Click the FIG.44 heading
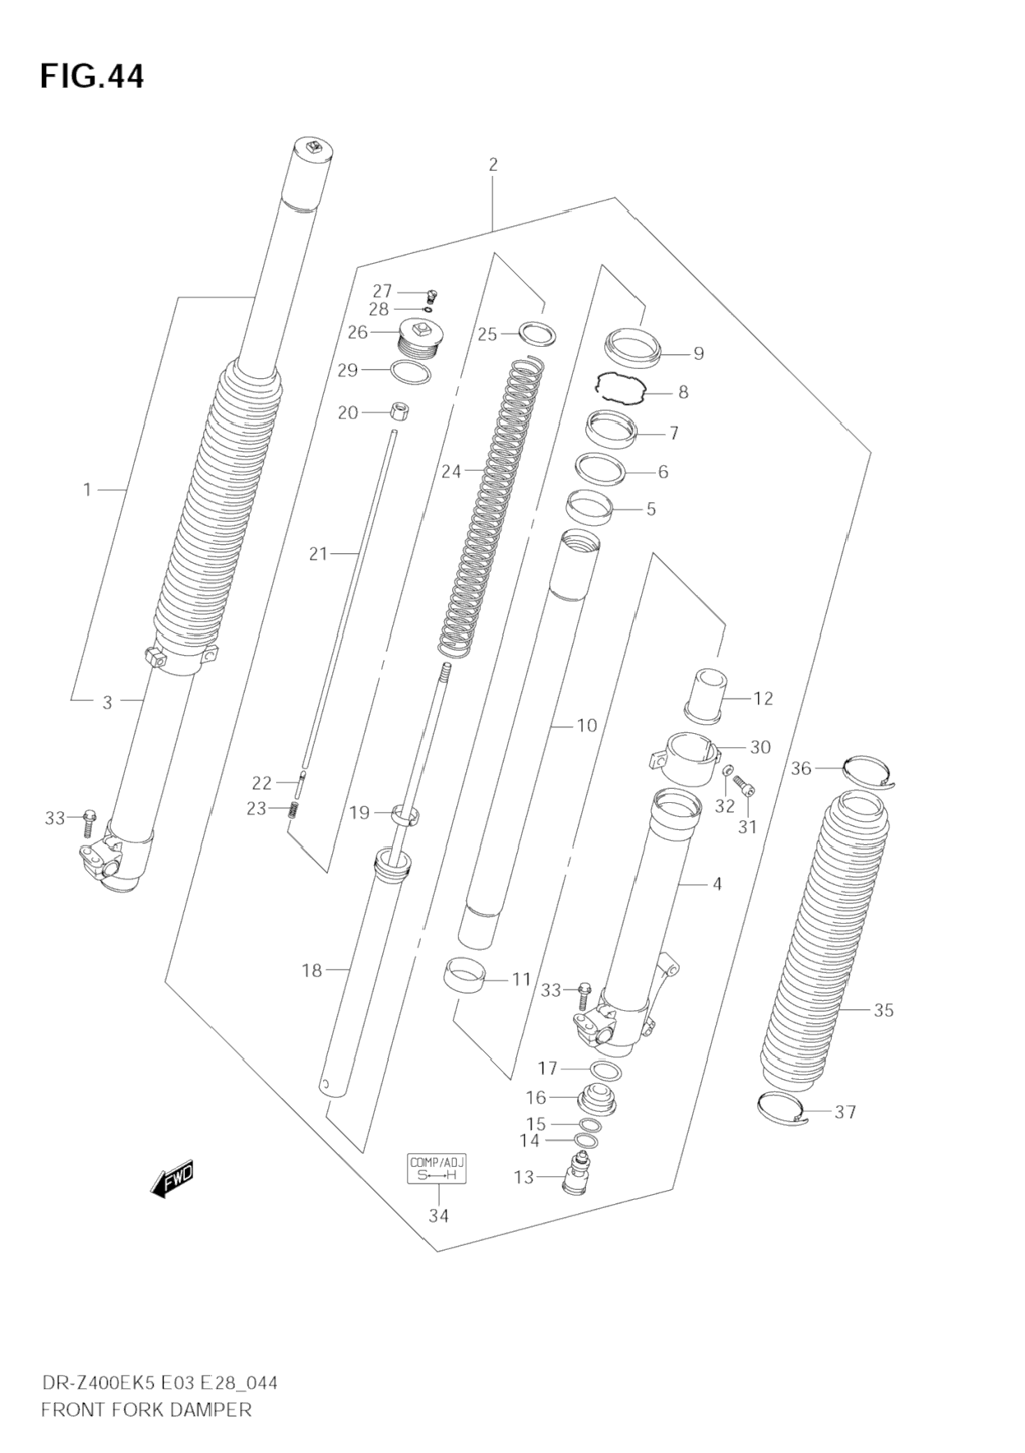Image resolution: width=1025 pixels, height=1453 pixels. click(91, 76)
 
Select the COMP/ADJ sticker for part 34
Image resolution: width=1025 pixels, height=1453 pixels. click(437, 1168)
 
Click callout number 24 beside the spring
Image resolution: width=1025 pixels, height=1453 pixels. click(451, 471)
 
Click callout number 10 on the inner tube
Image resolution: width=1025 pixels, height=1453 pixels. click(586, 725)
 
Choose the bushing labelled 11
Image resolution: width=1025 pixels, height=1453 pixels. click(464, 975)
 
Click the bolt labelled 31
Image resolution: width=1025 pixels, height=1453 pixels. click(745, 786)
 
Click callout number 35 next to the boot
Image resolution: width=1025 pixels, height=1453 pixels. click(884, 1010)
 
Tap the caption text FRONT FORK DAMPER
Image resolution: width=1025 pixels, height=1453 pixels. click(145, 1409)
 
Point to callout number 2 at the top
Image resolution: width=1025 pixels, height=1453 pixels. click(493, 164)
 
